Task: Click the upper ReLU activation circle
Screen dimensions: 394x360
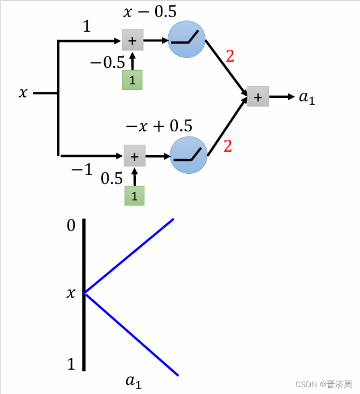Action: click(186, 40)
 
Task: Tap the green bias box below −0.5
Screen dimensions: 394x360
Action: click(132, 80)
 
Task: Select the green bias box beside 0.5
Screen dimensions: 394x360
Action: click(135, 196)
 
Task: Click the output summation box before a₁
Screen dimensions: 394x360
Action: click(258, 97)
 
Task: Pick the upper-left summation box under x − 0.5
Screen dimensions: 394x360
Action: click(132, 40)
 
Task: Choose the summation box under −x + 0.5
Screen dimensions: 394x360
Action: click(135, 155)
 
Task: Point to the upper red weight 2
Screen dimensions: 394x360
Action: click(229, 56)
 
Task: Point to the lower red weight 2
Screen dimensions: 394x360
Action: click(228, 146)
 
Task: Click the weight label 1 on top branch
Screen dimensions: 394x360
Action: click(87, 26)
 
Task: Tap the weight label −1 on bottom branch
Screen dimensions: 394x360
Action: click(82, 168)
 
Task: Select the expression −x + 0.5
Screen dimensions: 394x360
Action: click(158, 125)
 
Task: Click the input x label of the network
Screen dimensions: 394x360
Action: click(23, 93)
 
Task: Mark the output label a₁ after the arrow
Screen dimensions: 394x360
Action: click(306, 97)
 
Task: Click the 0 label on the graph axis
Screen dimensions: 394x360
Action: click(71, 226)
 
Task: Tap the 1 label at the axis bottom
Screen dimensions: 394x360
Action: click(71, 364)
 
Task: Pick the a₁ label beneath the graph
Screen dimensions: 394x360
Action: click(134, 382)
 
